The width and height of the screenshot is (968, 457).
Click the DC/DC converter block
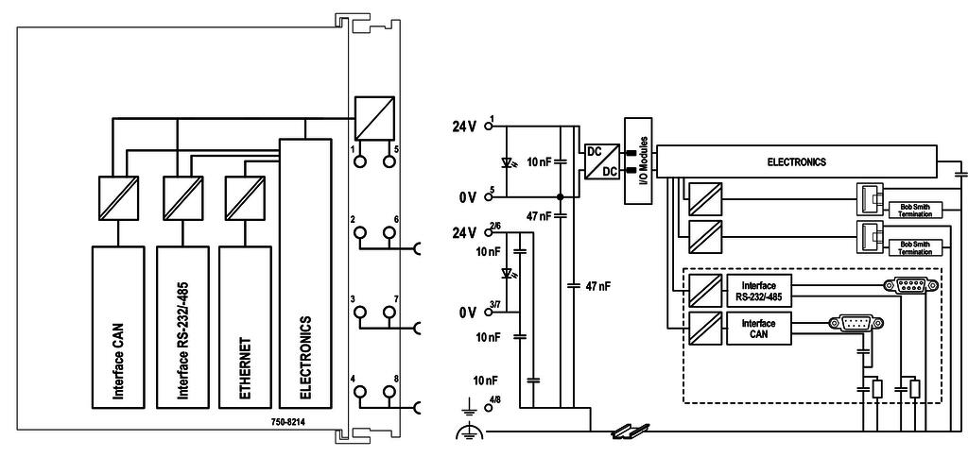(x=601, y=160)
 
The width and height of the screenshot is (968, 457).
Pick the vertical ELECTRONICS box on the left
(x=304, y=274)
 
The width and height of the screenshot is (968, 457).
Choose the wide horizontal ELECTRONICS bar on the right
(x=796, y=161)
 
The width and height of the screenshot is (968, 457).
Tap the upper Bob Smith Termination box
(x=914, y=210)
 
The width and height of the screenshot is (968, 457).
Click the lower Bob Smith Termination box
(x=914, y=248)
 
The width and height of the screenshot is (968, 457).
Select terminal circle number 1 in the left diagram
(x=359, y=161)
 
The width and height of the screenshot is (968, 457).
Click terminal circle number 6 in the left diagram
(x=388, y=232)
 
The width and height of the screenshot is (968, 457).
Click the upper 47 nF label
(x=542, y=216)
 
